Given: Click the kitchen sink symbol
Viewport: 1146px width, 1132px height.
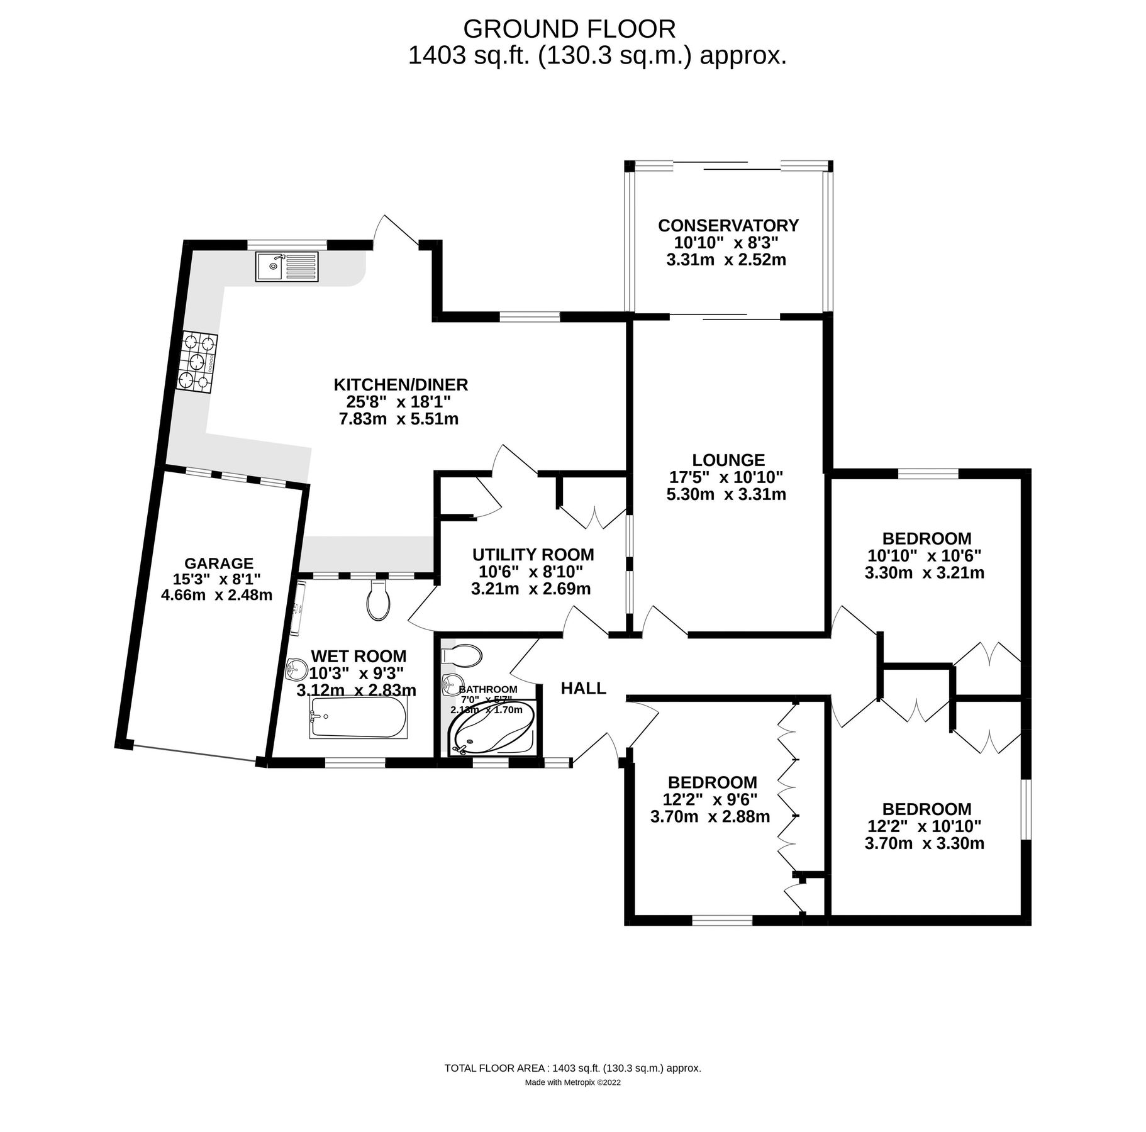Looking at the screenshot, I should (287, 267).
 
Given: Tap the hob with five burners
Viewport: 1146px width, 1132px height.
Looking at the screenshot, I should (197, 363).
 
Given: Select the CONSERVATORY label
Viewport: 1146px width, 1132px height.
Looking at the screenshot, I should (728, 225).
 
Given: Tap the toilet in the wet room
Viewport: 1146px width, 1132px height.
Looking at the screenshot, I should (378, 601).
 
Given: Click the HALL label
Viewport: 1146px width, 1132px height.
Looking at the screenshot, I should (583, 689).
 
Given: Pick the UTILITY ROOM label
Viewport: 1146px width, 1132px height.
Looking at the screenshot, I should (533, 555).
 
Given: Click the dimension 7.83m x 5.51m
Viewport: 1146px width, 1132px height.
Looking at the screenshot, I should (399, 419).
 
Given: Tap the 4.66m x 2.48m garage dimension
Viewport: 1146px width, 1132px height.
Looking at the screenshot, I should (216, 595).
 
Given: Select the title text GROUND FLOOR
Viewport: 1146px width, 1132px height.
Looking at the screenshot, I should (569, 29).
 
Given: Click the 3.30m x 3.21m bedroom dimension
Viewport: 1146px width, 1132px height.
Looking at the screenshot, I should (924, 573).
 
